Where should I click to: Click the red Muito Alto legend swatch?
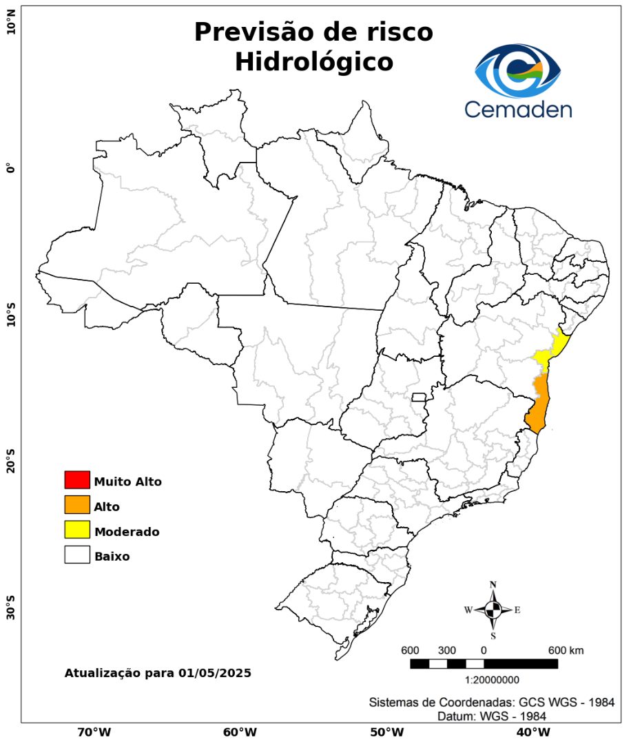77,479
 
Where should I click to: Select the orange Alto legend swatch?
77,505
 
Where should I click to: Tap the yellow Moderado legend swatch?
77,530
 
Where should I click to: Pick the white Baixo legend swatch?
77,555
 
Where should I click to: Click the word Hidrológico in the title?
313,61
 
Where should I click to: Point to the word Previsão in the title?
259,32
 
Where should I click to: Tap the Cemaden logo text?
518,109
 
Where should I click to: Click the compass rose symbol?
493,610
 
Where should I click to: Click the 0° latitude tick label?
10,168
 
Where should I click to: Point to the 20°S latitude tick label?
10,461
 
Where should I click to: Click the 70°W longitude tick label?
94,732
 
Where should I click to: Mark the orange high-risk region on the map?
539,406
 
